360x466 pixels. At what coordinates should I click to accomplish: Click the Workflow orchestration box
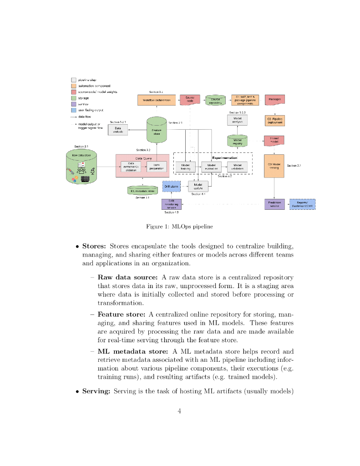coord(156,100)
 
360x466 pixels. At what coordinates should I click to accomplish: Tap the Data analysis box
coord(118,130)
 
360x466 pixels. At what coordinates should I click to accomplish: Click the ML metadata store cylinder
coord(142,191)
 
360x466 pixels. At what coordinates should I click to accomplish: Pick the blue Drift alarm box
coord(172,187)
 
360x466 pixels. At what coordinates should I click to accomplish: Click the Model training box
coord(185,167)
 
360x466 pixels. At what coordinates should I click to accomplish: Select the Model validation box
coord(237,167)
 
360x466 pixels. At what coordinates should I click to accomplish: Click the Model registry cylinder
coord(237,141)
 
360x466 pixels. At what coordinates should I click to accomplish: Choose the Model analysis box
coord(237,120)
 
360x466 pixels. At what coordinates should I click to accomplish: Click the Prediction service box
coord(274,204)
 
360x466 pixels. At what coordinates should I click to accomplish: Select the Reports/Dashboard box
coord(302,204)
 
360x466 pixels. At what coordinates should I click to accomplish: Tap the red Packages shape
coord(274,99)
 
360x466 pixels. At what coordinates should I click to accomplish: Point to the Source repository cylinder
coord(216,100)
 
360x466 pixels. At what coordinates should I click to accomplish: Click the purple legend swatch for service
coord(73,104)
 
